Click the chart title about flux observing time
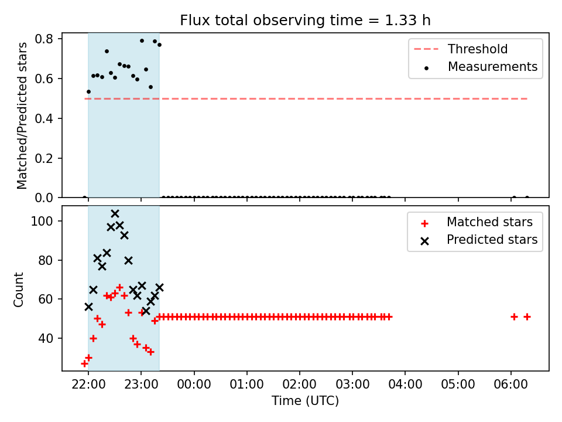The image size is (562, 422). point(305,21)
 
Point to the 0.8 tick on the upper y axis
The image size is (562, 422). point(44,39)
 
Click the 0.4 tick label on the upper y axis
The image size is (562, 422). point(44,118)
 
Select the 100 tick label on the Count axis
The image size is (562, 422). point(42,221)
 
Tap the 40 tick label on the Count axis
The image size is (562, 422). point(46,338)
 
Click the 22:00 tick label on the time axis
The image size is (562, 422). point(88,384)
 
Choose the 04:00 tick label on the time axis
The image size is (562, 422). point(405,384)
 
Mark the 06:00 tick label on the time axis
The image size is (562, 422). point(510,384)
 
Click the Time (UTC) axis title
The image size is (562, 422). point(305,401)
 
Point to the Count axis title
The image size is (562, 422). point(18,290)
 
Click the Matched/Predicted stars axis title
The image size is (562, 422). point(22,115)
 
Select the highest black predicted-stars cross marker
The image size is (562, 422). point(115,214)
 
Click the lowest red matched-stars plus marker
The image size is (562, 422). point(84,364)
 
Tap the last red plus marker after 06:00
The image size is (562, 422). point(527,317)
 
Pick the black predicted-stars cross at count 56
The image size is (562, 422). point(88,307)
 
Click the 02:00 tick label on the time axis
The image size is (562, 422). point(300,384)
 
